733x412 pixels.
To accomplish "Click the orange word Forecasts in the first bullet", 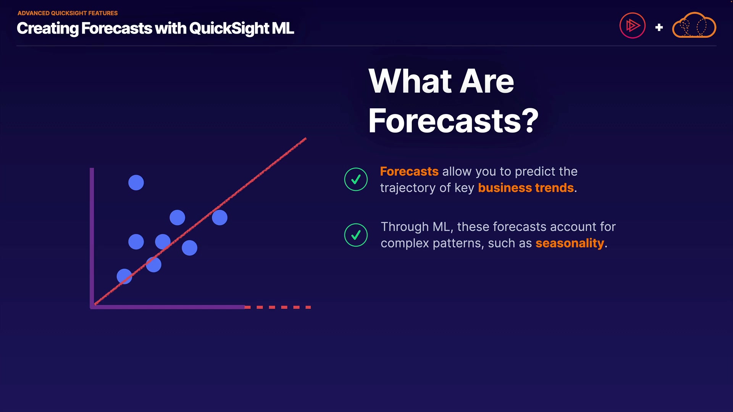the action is click(409, 172).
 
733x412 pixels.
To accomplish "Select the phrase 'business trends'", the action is click(526, 188).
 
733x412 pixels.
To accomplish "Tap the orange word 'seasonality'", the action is click(570, 243).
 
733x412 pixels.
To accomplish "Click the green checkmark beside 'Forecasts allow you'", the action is click(356, 179).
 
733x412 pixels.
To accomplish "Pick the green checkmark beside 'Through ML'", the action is click(356, 235).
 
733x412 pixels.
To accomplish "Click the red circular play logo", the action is click(633, 26).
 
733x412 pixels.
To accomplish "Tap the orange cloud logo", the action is click(694, 25).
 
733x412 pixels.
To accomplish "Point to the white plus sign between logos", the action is click(659, 27).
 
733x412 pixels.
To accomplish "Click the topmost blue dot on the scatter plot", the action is click(136, 183).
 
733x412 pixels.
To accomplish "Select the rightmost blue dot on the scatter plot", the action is click(220, 217).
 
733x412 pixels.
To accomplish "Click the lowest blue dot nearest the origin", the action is click(124, 276).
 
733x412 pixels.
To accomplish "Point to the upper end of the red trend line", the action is click(306, 138).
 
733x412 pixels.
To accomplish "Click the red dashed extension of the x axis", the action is click(278, 307).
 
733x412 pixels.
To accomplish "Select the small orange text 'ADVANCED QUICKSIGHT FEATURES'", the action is click(68, 13).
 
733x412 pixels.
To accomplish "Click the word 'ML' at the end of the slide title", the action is click(283, 28).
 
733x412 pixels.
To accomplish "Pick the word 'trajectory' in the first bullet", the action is click(408, 188).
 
